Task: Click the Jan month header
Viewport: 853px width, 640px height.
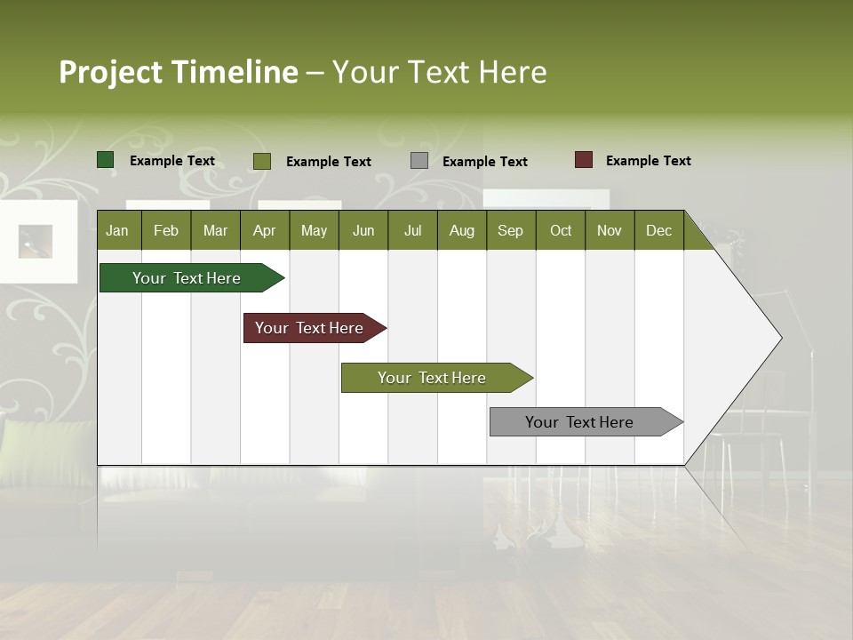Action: [117, 230]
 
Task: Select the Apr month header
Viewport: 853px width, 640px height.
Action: [264, 230]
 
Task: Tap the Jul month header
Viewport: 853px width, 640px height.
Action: [412, 230]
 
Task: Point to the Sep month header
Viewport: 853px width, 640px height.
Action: [510, 230]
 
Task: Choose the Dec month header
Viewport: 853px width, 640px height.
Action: [658, 230]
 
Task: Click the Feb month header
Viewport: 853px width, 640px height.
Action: [166, 230]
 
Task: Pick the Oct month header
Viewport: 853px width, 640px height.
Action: [561, 230]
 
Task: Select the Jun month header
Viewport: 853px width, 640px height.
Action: [363, 230]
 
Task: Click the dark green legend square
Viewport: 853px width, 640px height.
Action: [106, 160]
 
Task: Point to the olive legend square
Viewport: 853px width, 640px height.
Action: [262, 161]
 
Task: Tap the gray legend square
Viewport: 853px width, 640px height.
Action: [419, 161]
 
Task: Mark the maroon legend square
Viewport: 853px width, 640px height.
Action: [584, 160]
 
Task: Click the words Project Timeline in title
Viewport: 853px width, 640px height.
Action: [179, 72]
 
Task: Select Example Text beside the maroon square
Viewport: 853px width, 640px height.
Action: [648, 161]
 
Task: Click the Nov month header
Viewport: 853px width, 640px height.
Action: [610, 230]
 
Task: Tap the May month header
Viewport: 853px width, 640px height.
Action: [314, 230]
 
